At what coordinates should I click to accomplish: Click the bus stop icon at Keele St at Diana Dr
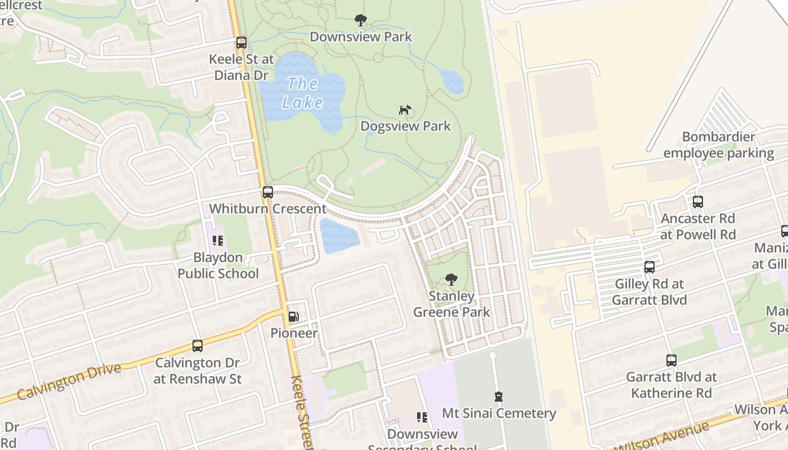click(x=241, y=43)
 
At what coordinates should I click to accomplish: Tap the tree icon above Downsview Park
click(x=361, y=21)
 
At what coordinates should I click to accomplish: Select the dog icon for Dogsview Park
click(x=405, y=110)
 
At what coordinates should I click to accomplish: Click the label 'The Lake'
click(x=303, y=93)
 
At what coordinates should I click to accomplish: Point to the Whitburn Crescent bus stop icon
click(x=268, y=192)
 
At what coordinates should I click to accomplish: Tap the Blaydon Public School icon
click(x=218, y=241)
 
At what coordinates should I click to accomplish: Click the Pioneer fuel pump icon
click(x=293, y=317)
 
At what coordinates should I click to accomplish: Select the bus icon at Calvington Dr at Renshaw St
click(x=198, y=346)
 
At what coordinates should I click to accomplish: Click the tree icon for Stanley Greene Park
click(x=451, y=280)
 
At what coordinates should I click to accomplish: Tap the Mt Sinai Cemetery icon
click(x=498, y=397)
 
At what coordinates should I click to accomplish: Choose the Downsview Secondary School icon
click(x=422, y=417)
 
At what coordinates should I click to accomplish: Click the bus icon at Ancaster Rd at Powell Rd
click(x=698, y=202)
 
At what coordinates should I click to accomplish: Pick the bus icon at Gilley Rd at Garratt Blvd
click(x=650, y=267)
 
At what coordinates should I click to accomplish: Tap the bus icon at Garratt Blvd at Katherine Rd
click(x=671, y=361)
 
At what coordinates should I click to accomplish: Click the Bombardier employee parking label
click(x=718, y=145)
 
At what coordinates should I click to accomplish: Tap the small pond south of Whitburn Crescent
click(x=339, y=236)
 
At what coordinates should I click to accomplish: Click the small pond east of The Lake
click(x=452, y=82)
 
